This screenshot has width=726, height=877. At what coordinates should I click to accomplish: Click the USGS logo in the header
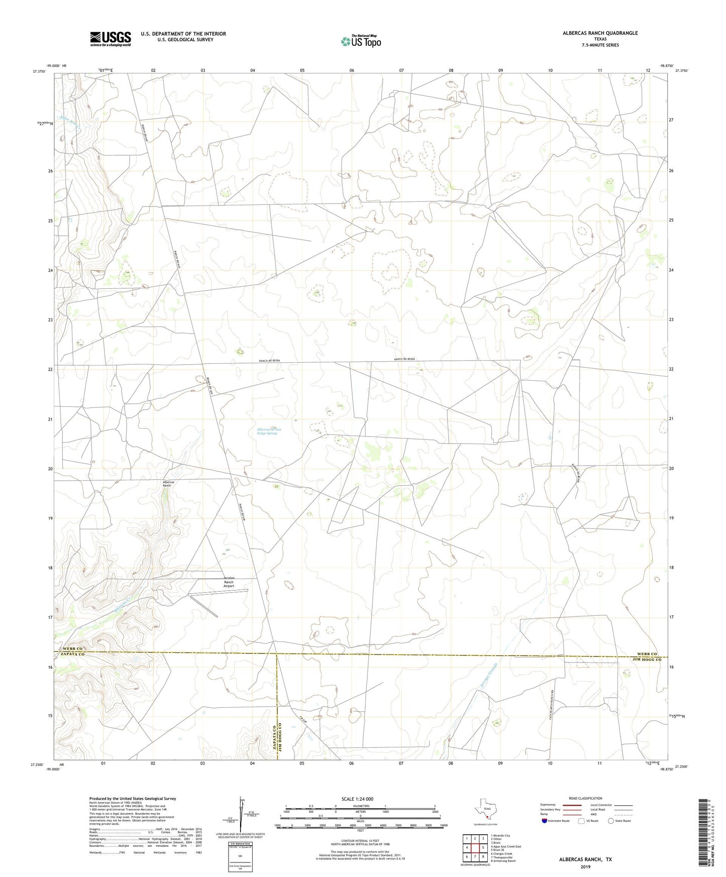coord(111,39)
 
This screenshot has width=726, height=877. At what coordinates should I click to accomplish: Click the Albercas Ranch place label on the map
coord(168,484)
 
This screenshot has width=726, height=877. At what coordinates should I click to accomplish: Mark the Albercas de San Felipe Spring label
coord(269,431)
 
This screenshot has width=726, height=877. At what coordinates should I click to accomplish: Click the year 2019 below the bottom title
coord(585,867)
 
